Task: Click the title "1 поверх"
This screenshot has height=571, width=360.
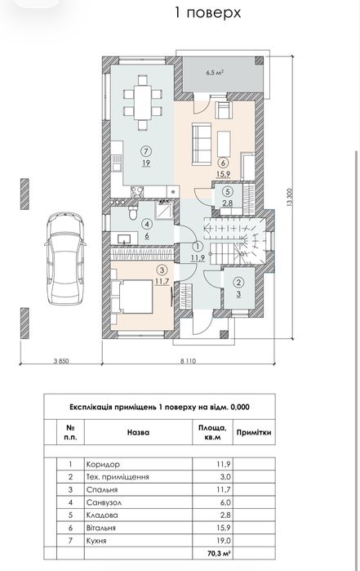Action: click(x=208, y=13)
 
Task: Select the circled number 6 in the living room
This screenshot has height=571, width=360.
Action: click(x=223, y=163)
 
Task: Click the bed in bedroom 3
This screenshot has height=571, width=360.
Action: click(x=132, y=297)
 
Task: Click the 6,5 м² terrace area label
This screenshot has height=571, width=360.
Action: click(x=215, y=73)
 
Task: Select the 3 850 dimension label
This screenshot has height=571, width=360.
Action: click(x=61, y=361)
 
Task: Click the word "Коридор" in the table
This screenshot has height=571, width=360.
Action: click(x=103, y=464)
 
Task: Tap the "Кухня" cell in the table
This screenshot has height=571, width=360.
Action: click(x=96, y=541)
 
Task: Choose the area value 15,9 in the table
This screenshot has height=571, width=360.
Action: click(x=224, y=528)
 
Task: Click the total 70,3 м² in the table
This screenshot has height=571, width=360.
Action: click(x=220, y=554)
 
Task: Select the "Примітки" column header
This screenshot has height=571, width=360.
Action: click(x=254, y=432)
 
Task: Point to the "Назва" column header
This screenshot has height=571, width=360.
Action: click(x=138, y=432)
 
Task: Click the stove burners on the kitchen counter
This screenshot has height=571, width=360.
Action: click(x=137, y=191)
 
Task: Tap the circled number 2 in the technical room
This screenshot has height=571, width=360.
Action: click(x=238, y=282)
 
